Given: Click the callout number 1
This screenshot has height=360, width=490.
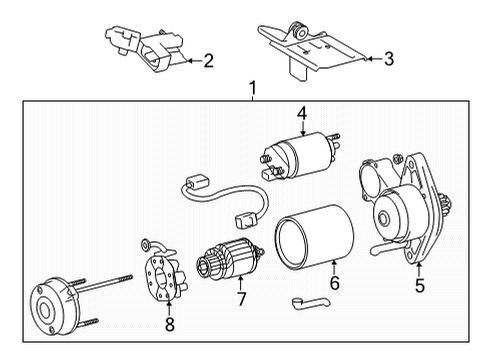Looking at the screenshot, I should point(252,88).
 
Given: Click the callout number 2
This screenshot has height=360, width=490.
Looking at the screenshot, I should point(207,61).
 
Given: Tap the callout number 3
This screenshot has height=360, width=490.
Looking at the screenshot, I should point(388,59).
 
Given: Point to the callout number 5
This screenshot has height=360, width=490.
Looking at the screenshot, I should point(419,286).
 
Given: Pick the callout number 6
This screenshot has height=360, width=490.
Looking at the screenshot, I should point(334,283).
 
